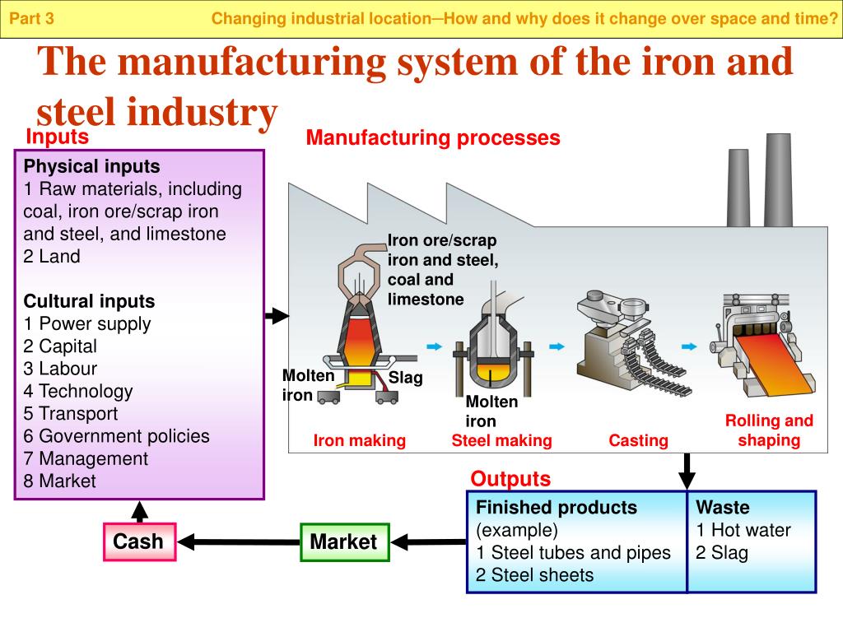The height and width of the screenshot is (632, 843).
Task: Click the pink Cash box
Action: (139, 541)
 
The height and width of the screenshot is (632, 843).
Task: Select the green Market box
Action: (343, 541)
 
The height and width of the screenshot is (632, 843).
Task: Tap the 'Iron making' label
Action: (360, 441)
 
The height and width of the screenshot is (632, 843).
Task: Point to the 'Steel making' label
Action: (501, 441)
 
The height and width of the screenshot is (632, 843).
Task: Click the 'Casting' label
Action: (638, 441)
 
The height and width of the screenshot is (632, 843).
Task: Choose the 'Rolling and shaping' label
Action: (769, 430)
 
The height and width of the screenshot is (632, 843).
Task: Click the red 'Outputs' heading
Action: (510, 479)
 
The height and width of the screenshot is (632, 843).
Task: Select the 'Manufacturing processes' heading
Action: (433, 138)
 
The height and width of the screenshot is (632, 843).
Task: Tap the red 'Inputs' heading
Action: (57, 136)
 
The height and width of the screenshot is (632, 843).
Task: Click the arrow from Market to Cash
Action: (239, 541)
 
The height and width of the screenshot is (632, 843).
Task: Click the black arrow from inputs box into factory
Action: (277, 315)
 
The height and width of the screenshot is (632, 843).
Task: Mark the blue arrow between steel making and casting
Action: (557, 346)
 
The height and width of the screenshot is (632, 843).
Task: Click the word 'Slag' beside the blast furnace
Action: (405, 379)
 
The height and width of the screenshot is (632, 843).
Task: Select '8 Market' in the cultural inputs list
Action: (59, 481)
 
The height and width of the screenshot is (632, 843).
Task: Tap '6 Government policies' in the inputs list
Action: (116, 436)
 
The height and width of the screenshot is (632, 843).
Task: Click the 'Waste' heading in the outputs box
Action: (722, 508)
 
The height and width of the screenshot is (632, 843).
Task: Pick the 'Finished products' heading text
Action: (557, 508)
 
